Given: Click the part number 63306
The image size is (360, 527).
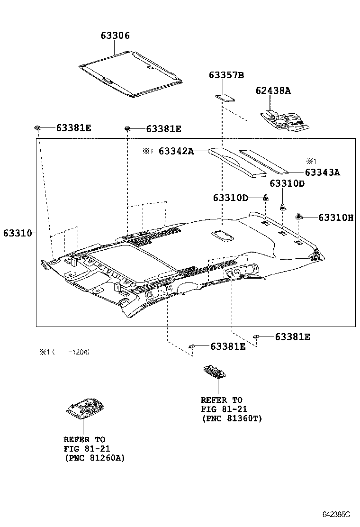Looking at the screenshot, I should (115, 36).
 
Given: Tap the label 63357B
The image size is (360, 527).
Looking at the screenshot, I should (226, 75).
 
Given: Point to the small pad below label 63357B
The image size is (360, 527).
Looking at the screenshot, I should (225, 98).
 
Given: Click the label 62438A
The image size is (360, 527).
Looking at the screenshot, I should (273, 91).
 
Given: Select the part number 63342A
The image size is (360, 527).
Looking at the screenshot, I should (176, 151).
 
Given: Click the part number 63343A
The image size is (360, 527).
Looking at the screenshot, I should (323, 173).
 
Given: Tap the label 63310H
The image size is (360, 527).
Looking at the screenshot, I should (336, 218).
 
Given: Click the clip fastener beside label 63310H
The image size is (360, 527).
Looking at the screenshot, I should (299, 217).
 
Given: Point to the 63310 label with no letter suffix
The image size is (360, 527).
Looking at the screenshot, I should (17, 233).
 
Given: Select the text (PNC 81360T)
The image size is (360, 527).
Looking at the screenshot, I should (232, 418).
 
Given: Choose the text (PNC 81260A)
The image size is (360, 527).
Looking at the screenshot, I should (94, 458).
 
